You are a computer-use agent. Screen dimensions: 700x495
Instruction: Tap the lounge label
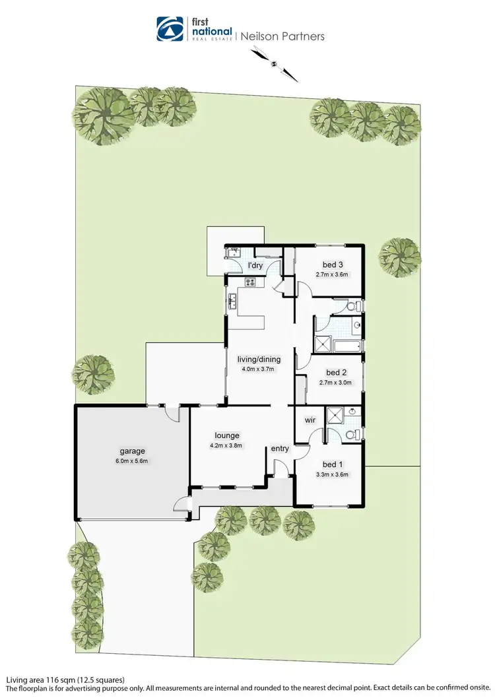pos(226,435)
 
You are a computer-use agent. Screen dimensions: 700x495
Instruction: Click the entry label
pos(280,449)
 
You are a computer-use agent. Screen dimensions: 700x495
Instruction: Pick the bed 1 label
pos(332,463)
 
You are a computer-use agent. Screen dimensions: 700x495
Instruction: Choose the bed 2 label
pos(336,372)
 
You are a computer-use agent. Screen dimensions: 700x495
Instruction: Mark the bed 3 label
pos(332,265)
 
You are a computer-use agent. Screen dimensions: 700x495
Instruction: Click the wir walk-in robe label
pos(309,420)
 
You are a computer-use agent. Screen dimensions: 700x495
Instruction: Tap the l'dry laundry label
pos(255,266)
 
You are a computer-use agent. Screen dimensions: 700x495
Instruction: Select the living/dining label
pos(259,360)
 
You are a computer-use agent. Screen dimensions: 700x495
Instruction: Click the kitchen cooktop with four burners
pos(251,282)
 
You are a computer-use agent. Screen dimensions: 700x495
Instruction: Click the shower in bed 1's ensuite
pos(335,415)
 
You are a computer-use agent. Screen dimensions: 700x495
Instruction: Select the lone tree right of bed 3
pos(400,254)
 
